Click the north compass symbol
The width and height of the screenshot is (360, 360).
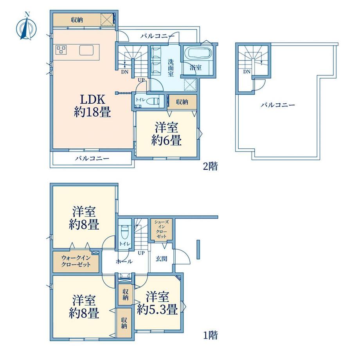[x=26, y=27]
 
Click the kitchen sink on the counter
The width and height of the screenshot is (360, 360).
[x=86, y=50]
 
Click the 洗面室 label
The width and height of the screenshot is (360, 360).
[x=171, y=68]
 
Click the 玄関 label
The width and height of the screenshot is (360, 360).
[x=161, y=259]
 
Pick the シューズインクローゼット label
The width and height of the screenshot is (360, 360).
[x=161, y=229]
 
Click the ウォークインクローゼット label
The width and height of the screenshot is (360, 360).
[x=76, y=261]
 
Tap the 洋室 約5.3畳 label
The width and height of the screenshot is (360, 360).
[x=157, y=303]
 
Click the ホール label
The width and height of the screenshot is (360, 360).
[x=124, y=261]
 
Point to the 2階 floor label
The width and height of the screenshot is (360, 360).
[x=210, y=166]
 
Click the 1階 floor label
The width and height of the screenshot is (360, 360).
[x=210, y=335]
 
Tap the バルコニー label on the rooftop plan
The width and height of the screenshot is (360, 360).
[x=278, y=105]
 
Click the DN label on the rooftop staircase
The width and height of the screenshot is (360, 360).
[x=247, y=72]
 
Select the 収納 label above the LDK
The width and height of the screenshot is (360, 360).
[x=77, y=20]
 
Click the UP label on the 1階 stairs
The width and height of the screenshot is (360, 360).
[x=141, y=253]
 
